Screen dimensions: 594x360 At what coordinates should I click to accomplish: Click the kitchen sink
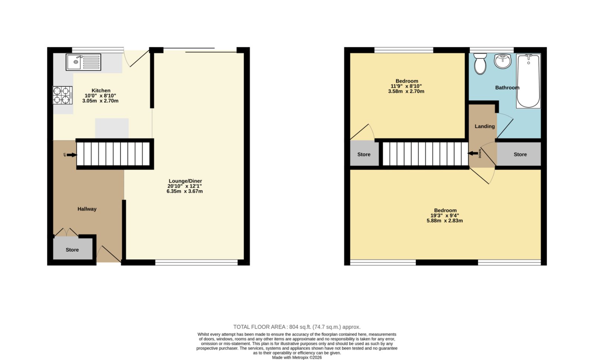(x=83, y=62)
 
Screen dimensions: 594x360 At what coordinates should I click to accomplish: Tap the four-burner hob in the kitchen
(x=63, y=95)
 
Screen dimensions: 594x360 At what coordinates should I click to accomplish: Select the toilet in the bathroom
(x=480, y=63)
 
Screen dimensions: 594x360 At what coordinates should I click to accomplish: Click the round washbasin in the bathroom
(x=503, y=61)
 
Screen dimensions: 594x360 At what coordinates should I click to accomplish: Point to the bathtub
(x=528, y=81)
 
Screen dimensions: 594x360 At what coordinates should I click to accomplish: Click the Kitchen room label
(x=101, y=91)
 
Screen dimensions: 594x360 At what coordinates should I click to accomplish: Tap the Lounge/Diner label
(x=185, y=181)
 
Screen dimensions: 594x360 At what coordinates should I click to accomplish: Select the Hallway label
(x=87, y=209)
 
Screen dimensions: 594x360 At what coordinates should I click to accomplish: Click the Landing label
(x=484, y=127)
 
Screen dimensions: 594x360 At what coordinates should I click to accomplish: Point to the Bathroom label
(x=507, y=88)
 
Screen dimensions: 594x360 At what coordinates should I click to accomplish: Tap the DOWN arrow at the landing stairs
(x=473, y=153)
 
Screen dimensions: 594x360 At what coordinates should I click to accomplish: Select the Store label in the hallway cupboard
(x=72, y=250)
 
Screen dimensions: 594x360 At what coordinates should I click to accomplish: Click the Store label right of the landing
(x=520, y=154)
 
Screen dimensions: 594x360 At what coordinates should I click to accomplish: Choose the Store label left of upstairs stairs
(x=364, y=154)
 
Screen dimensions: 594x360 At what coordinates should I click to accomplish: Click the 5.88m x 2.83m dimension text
(x=445, y=220)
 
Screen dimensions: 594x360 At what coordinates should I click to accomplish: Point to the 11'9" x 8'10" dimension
(x=406, y=86)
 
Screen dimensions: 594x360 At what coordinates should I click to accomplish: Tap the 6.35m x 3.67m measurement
(x=185, y=191)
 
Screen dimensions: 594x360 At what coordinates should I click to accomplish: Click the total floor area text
(x=297, y=327)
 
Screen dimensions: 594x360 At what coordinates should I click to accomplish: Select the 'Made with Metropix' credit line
(x=297, y=357)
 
